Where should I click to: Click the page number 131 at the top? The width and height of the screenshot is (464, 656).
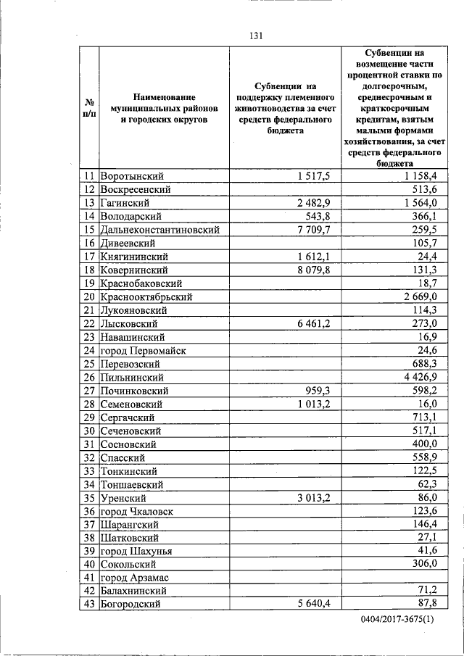tap(254, 36)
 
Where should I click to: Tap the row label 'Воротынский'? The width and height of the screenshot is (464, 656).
tap(132, 176)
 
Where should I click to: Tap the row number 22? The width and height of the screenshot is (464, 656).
tap(89, 323)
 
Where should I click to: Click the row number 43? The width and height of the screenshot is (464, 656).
tap(89, 604)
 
